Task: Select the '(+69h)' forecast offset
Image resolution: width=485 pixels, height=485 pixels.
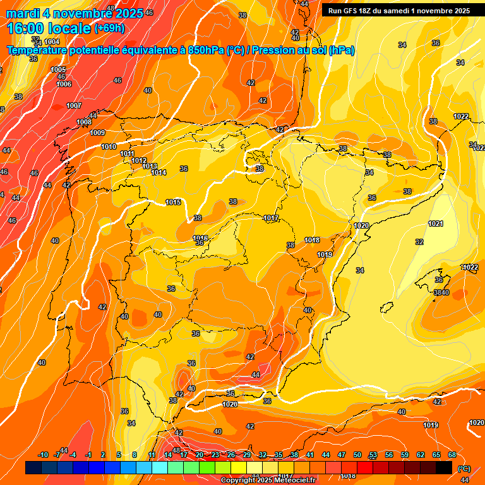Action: tap(109, 28)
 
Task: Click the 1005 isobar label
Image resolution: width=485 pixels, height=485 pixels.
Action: tap(58, 69)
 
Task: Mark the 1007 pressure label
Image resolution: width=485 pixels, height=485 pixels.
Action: tap(74, 105)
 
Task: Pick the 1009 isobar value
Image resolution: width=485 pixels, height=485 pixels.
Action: tap(97, 133)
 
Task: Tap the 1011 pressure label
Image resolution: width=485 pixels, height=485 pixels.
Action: tap(127, 153)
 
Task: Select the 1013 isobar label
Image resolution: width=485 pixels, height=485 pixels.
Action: tap(150, 166)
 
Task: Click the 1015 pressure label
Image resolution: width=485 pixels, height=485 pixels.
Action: tap(173, 202)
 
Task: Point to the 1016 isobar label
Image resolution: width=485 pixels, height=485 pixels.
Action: tap(200, 237)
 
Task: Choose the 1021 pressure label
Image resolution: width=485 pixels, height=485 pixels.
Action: tap(435, 224)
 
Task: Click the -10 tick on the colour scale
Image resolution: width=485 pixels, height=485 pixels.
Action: tap(43, 455)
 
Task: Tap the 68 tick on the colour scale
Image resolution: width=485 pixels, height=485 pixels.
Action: tap(452, 455)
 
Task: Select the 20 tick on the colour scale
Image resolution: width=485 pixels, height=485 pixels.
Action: tap(200, 455)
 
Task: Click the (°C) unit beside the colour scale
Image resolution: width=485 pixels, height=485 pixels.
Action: tap(464, 468)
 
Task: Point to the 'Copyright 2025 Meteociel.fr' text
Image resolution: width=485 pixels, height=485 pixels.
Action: tap(268, 480)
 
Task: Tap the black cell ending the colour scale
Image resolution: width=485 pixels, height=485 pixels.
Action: tap(444, 468)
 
